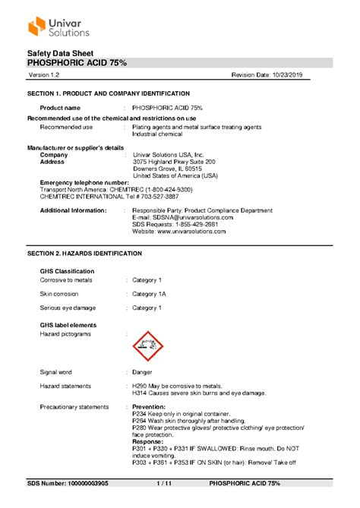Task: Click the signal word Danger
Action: (142, 372)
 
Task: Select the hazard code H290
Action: (141, 386)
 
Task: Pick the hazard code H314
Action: (141, 393)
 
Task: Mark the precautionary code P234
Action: (141, 414)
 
